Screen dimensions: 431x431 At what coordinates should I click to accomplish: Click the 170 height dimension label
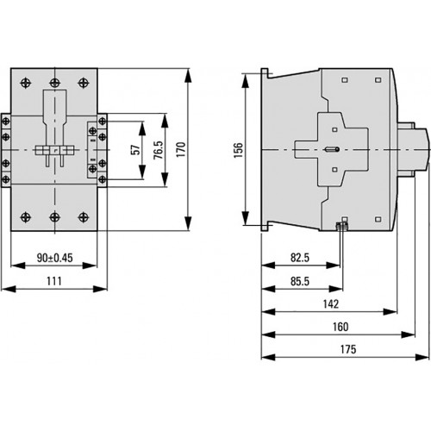181,149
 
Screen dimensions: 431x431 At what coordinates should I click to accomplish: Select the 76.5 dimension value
159,150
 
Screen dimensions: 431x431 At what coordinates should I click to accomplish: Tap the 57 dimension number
136,150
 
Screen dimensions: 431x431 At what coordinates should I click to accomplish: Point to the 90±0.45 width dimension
55,258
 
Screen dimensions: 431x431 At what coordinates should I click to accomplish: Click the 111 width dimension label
54,281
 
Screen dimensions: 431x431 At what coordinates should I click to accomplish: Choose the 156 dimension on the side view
238,150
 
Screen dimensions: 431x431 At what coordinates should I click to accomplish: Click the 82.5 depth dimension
300,258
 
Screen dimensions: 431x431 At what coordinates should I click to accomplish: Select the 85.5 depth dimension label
300,281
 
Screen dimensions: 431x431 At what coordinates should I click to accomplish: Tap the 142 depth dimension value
331,304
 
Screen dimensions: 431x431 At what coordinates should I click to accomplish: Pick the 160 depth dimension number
340,327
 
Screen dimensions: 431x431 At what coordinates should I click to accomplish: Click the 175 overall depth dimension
348,349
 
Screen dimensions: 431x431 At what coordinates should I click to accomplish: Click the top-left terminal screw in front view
26,83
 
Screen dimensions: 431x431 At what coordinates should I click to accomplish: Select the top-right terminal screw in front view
84,83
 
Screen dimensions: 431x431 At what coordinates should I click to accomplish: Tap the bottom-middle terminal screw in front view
54,217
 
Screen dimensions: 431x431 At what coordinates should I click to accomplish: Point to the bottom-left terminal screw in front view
26,217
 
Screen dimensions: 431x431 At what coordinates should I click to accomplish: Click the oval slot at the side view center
332,149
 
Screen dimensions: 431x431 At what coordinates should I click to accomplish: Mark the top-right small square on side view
378,80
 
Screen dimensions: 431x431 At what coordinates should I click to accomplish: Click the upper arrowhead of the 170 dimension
188,75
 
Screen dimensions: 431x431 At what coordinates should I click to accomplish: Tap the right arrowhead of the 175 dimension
422,357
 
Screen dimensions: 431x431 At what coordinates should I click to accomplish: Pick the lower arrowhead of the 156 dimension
245,218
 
